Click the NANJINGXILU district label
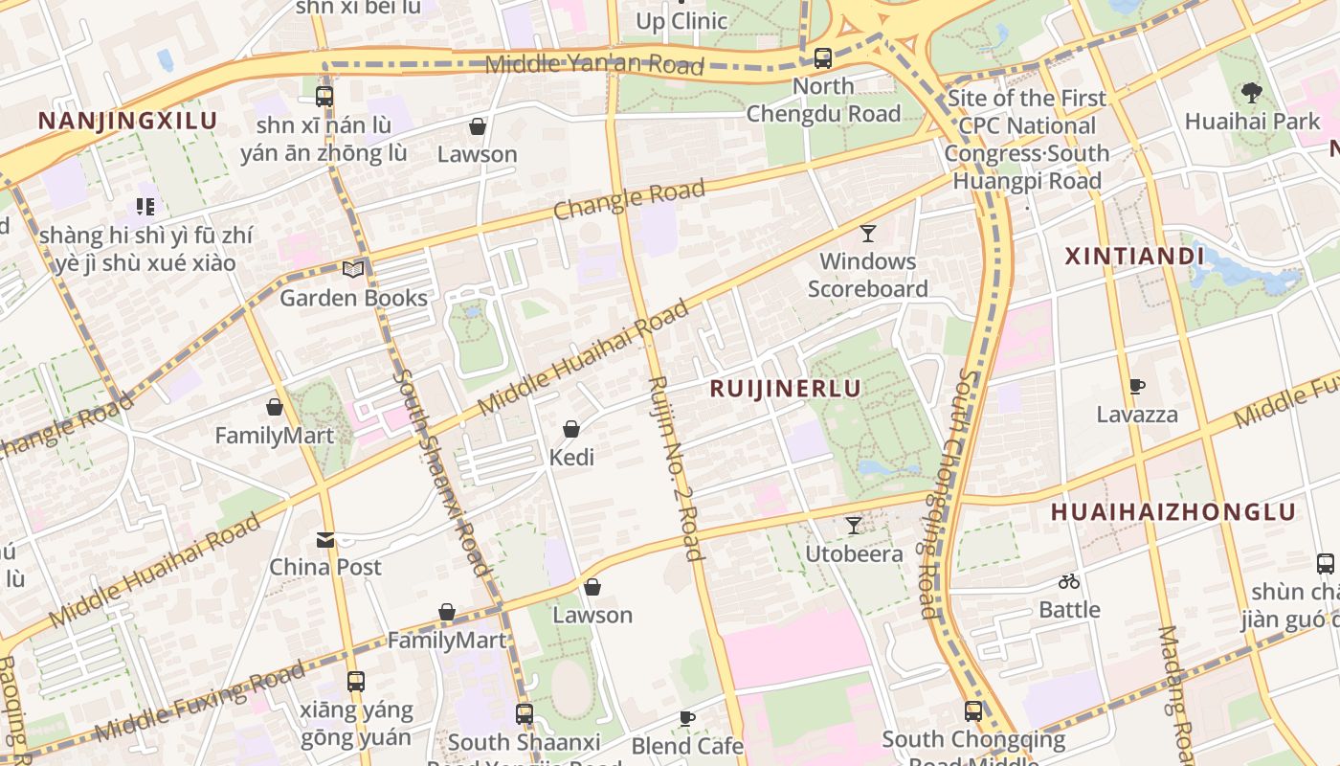tap(127, 121)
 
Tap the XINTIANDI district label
tap(1134, 257)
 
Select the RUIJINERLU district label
tap(785, 388)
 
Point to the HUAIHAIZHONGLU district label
tap(1172, 511)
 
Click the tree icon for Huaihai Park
tap(1251, 93)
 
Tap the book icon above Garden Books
tap(353, 270)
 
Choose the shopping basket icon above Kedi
tap(571, 429)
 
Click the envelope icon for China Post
tap(325, 540)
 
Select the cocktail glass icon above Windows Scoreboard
tap(867, 233)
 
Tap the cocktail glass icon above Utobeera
tap(853, 526)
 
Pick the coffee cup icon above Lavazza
tap(1136, 387)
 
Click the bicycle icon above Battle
tap(1069, 581)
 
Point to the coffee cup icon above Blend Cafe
tap(686, 718)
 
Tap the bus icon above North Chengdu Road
tap(822, 58)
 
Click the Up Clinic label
tap(681, 21)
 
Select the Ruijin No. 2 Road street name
tap(676, 467)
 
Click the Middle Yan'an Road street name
tap(594, 65)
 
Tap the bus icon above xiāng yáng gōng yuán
tap(355, 682)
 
